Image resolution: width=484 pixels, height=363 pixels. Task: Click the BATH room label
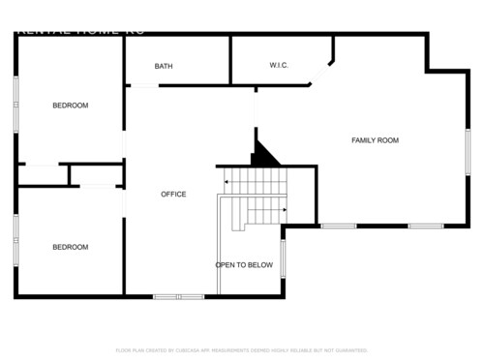click(164, 67)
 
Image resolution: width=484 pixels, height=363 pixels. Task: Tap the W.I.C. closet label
click(279, 66)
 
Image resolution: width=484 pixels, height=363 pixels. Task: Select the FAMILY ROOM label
click(375, 141)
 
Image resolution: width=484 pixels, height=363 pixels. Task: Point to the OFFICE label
click(173, 195)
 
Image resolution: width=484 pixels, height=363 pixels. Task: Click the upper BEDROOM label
click(70, 106)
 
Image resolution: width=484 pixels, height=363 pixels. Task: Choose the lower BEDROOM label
click(70, 247)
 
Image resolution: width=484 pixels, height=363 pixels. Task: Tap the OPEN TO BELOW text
click(244, 264)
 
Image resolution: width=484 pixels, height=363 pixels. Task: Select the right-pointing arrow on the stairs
click(282, 209)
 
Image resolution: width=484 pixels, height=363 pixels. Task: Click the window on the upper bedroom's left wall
click(15, 102)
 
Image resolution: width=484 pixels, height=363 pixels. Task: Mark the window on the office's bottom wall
click(178, 295)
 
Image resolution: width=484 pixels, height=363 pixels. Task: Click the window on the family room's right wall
click(468, 152)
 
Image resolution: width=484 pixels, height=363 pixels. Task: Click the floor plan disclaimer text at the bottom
click(242, 349)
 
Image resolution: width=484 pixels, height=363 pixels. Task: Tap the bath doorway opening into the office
click(142, 86)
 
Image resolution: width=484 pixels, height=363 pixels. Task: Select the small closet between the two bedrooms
click(94, 175)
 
